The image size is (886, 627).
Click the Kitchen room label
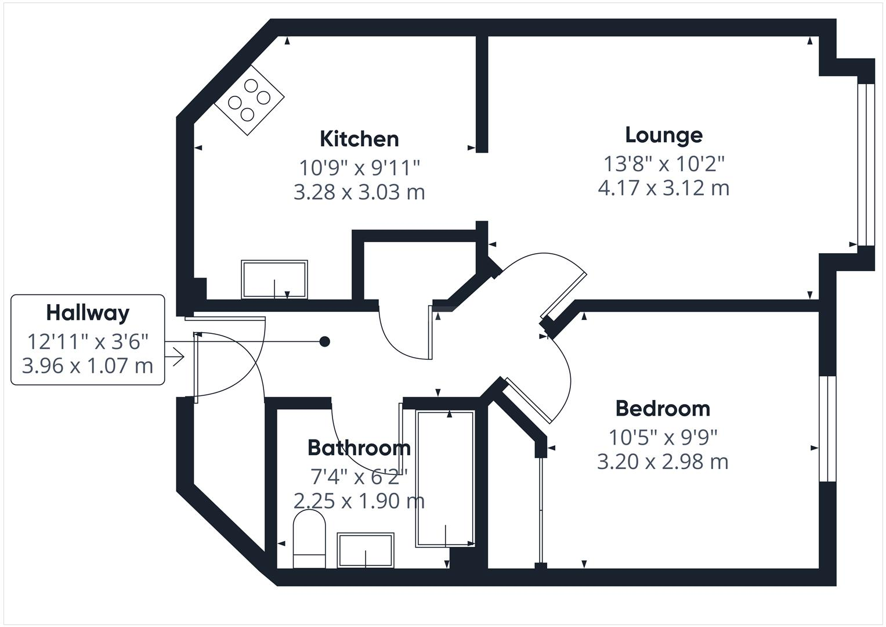359,139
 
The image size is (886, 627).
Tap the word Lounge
664,135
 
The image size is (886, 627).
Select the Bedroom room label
663,409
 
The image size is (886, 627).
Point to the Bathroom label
359,448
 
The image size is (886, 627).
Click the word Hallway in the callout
88,313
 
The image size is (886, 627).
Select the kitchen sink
274,280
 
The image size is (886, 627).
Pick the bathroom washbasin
366,550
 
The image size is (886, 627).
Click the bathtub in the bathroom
445,478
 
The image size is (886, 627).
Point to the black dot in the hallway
325,341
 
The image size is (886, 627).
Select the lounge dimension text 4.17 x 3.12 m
663,188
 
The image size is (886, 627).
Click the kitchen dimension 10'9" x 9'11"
359,168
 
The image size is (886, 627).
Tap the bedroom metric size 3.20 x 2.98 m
663,462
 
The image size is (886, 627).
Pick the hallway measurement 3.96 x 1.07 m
88,366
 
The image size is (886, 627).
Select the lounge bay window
865,165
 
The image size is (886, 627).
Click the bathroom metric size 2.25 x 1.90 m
359,500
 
